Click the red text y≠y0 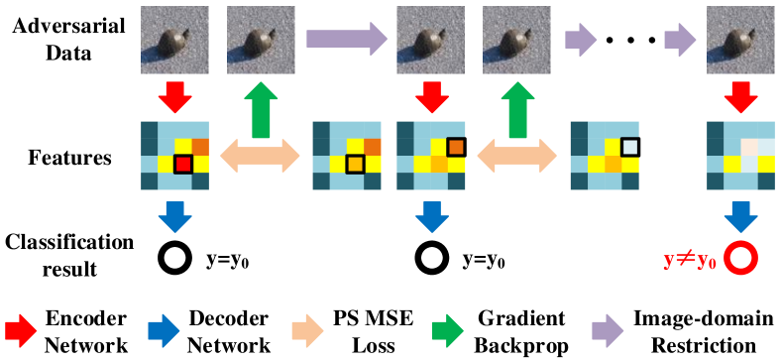pos(690,260)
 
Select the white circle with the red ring pos(740,258)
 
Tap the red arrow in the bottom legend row pos(21,330)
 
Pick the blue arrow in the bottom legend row pos(164,330)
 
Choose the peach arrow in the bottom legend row pos(307,330)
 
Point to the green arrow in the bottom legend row pos(448,330)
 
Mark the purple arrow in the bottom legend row pos(608,330)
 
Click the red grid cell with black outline pos(183,164)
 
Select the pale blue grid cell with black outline pos(629,147)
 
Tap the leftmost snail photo pos(174,40)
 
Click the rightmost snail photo pos(740,40)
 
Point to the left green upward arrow pos(261,109)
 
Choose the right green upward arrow pos(517,109)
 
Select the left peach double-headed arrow pos(260,156)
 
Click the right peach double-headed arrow pos(517,156)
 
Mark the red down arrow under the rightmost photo pos(740,97)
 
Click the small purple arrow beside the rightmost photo pos(680,40)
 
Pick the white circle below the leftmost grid pos(174,258)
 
